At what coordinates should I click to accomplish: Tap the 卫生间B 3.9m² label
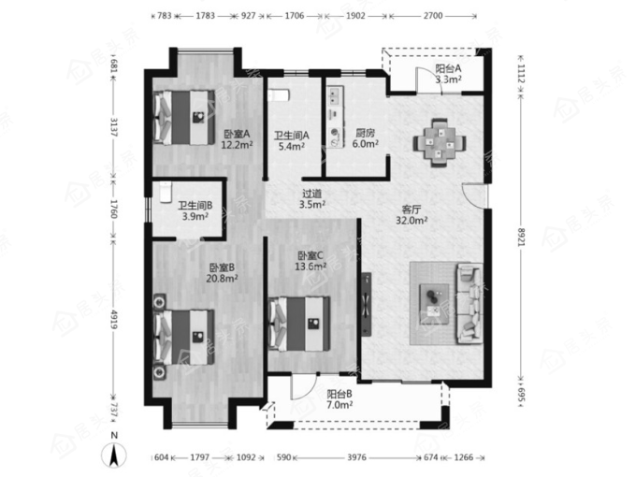coord(195,211)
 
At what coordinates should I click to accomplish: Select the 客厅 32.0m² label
coord(412,215)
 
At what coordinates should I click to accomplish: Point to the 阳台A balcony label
coord(448,68)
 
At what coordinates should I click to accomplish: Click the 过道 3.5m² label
coord(311,199)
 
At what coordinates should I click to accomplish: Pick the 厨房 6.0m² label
coord(365,137)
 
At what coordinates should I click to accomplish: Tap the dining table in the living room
coord(440,143)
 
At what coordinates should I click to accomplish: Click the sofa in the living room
coord(470,303)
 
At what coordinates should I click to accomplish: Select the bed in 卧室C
coord(299,324)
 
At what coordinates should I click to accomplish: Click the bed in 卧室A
coord(183,117)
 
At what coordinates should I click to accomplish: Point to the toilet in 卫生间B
coord(166,192)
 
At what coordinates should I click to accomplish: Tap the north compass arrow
coord(115,455)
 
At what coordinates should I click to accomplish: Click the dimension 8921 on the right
coord(521,238)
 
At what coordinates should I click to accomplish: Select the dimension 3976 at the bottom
coord(356,457)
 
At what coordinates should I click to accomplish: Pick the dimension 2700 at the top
coord(433,16)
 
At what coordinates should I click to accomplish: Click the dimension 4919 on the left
coord(114,320)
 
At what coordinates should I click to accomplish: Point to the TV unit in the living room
coord(367,304)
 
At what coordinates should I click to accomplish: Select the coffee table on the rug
coord(434,304)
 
